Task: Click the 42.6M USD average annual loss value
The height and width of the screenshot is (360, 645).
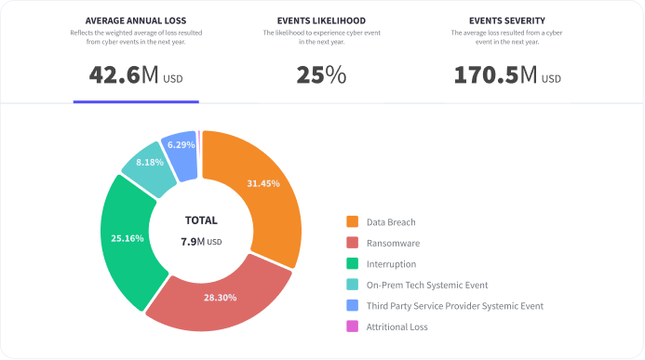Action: click(136, 75)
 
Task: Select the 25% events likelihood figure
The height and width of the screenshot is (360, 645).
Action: click(321, 75)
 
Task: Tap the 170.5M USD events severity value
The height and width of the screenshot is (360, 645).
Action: click(507, 75)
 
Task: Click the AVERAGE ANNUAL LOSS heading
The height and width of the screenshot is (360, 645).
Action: click(136, 20)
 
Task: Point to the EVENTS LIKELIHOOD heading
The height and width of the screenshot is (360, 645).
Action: click(321, 20)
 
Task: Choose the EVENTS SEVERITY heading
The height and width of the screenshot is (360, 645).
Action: click(507, 20)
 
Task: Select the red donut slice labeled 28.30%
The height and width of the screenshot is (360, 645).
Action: click(220, 296)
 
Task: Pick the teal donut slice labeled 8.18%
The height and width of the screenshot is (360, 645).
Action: click(149, 163)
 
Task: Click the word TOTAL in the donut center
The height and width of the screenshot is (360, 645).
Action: click(201, 220)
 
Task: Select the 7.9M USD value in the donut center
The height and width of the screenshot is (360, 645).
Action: click(201, 242)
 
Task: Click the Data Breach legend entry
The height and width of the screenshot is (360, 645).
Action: click(390, 222)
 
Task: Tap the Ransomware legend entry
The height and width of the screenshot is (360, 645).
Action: click(392, 243)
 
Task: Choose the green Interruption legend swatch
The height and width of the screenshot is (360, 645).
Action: click(353, 263)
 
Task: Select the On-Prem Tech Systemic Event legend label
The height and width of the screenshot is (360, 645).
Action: click(426, 285)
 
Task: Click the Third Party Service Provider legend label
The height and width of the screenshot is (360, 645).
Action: click(454, 305)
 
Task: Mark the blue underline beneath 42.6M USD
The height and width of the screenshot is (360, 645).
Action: click(136, 100)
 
